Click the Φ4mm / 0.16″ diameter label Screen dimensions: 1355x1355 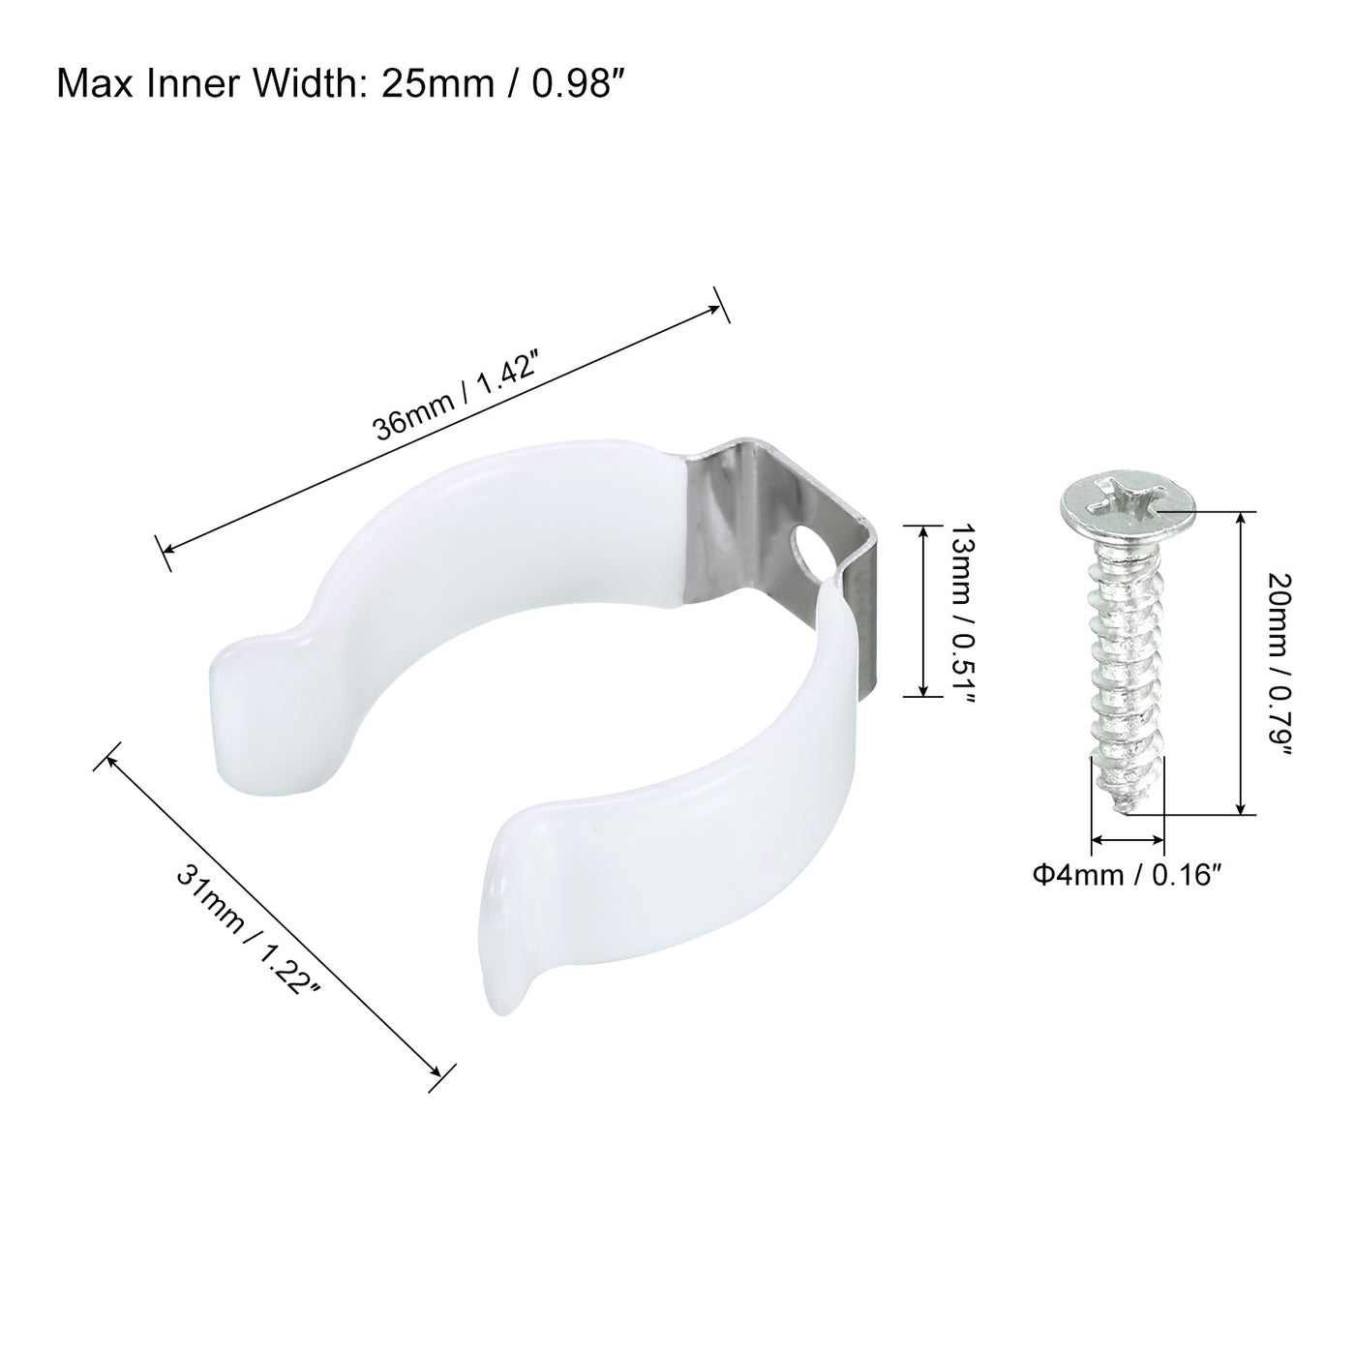pos(1123,876)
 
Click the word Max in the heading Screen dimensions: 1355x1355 pos(99,85)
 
